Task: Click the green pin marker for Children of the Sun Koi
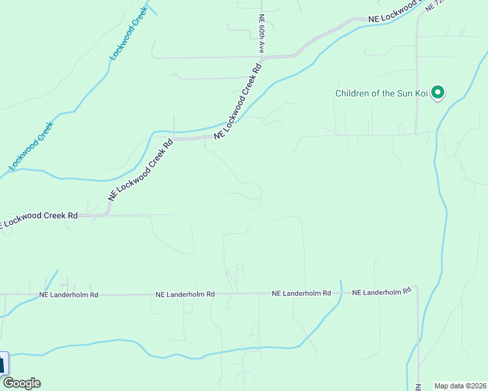[x=438, y=93]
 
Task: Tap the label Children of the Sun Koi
[x=381, y=93]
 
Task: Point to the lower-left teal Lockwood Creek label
[x=31, y=147]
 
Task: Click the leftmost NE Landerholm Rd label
[x=69, y=295]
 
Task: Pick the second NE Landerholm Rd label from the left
[x=185, y=295]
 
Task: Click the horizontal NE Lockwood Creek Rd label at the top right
[x=391, y=20]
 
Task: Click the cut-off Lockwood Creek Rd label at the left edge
[x=39, y=216]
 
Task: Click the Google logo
[x=22, y=383]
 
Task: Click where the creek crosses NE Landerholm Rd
[x=340, y=294]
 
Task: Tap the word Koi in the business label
[x=421, y=93]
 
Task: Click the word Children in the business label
[x=353, y=93]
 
